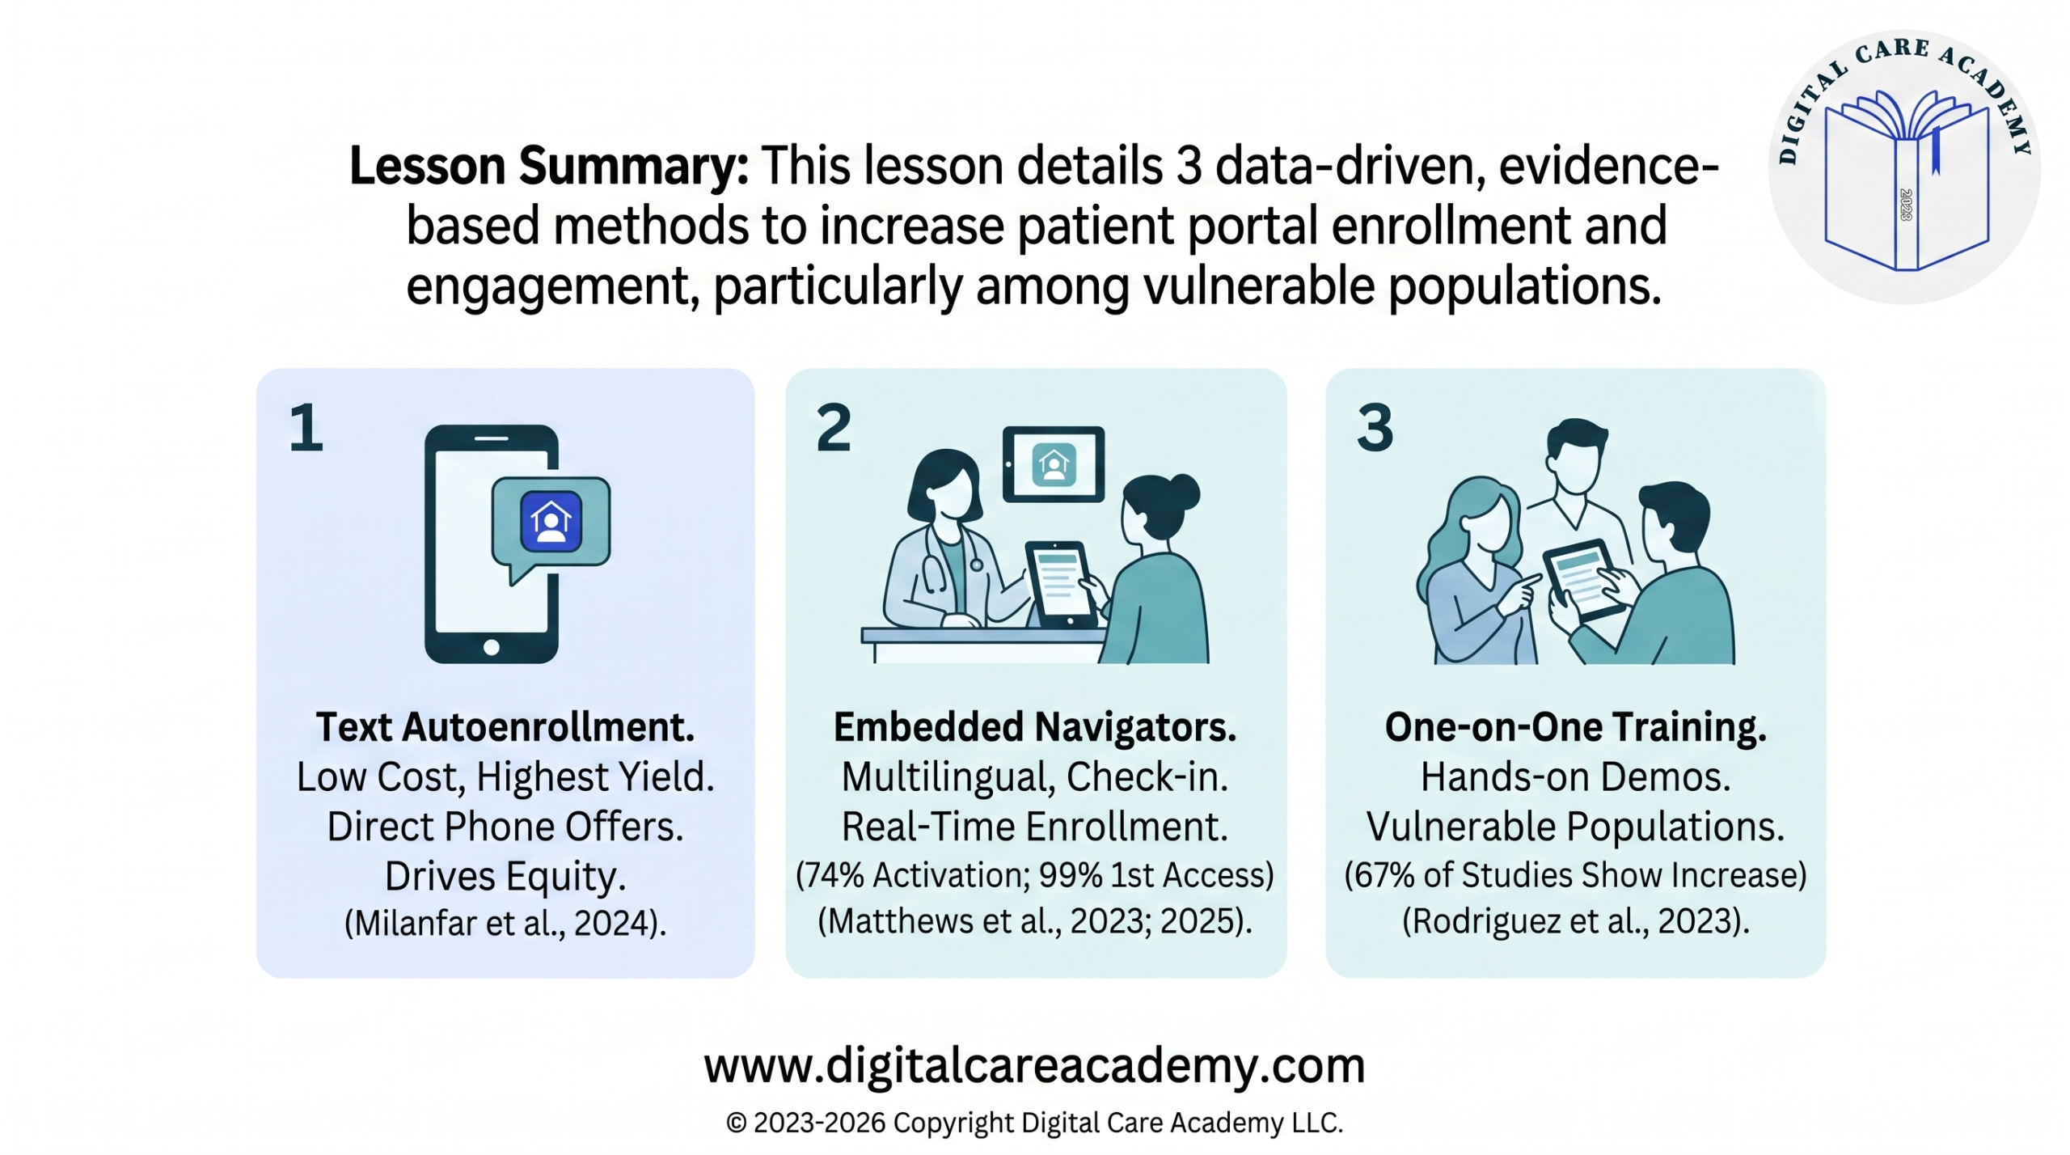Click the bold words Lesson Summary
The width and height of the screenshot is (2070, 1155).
pyautogui.click(x=548, y=167)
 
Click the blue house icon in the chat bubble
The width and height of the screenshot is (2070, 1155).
pyautogui.click(x=551, y=522)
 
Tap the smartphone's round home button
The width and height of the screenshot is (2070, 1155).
pyautogui.click(x=491, y=647)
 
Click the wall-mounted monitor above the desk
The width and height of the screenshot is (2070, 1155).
pyautogui.click(x=1053, y=465)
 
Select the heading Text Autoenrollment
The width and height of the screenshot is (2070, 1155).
pyautogui.click(x=505, y=726)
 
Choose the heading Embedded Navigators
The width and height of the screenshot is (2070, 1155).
pyautogui.click(x=1035, y=726)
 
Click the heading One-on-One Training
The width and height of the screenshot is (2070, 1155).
pyautogui.click(x=1575, y=726)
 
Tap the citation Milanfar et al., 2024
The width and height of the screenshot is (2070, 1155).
pyautogui.click(x=505, y=923)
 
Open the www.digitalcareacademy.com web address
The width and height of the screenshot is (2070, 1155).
pyautogui.click(x=1034, y=1065)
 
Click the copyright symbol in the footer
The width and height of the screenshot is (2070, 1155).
pyautogui.click(x=736, y=1123)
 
